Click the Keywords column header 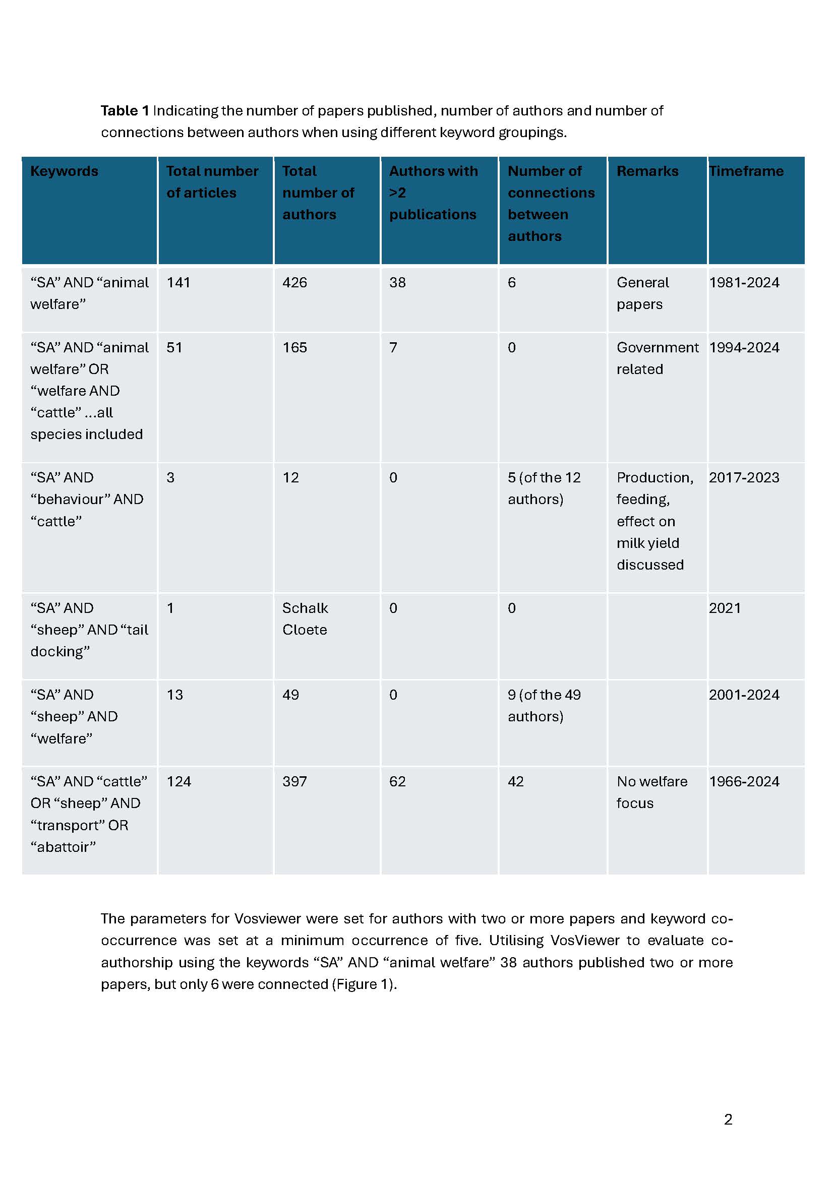coord(64,171)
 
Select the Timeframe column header coord(746,171)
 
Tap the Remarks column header coord(647,171)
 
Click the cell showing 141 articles coord(178,283)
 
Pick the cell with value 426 coord(294,283)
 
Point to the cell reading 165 coord(294,348)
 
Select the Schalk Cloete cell coord(305,619)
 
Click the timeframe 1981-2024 coord(744,283)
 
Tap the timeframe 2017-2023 coord(744,478)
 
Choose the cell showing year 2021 coord(725,608)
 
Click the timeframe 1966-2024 coord(744,782)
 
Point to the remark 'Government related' coord(657,358)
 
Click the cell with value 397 coord(294,782)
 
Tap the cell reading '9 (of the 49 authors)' coord(544,706)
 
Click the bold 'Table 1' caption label coord(125,111)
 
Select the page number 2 coord(728,1120)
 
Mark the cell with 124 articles coord(178,782)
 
